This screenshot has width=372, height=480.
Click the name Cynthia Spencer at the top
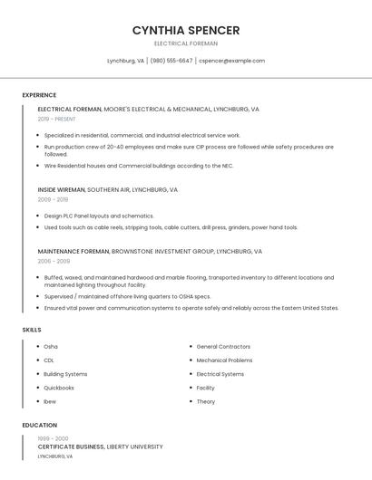(186, 30)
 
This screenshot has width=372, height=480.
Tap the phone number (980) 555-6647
(171, 61)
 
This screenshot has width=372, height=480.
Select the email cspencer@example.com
(231, 61)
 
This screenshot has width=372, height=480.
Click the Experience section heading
(39, 95)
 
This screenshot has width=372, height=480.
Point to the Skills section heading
(32, 330)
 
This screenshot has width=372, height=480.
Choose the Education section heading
(40, 425)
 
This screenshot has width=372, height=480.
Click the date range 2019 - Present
(57, 119)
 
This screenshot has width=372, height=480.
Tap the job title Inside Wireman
(61, 190)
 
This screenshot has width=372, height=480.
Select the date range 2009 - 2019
(53, 199)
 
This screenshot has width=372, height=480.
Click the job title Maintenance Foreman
(73, 251)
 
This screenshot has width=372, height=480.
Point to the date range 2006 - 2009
(53, 261)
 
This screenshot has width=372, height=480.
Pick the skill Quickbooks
(59, 388)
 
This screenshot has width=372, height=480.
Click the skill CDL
(50, 360)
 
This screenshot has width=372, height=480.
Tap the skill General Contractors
(223, 347)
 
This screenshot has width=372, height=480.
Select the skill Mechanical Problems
(224, 360)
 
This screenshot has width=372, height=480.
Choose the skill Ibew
(50, 401)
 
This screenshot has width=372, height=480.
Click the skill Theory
(206, 401)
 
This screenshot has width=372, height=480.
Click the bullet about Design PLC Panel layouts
(99, 216)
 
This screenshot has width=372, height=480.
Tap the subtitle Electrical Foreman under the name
(186, 43)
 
